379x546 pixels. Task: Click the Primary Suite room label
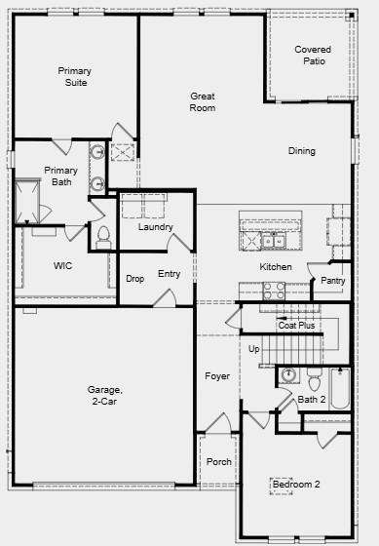(x=75, y=77)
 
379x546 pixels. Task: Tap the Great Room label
(x=203, y=101)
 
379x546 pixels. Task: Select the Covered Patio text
(x=313, y=55)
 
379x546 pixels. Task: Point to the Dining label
(x=302, y=151)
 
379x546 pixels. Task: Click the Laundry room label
(x=156, y=227)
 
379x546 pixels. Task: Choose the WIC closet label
(x=62, y=265)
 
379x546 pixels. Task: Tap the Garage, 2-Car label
(x=105, y=395)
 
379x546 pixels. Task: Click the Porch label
(x=219, y=462)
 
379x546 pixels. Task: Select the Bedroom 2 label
(x=296, y=484)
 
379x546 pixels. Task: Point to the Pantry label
(x=333, y=281)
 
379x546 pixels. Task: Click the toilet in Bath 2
(x=315, y=379)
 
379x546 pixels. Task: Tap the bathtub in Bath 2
(x=340, y=388)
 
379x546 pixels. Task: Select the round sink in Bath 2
(x=288, y=375)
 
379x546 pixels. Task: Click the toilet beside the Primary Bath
(x=103, y=238)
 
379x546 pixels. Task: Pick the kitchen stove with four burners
(x=274, y=291)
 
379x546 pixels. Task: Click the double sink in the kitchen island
(x=274, y=241)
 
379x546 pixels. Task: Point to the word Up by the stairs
(x=253, y=349)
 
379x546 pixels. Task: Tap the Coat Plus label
(x=296, y=326)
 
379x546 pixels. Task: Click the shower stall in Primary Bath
(x=27, y=201)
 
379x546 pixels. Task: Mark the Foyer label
(x=217, y=376)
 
